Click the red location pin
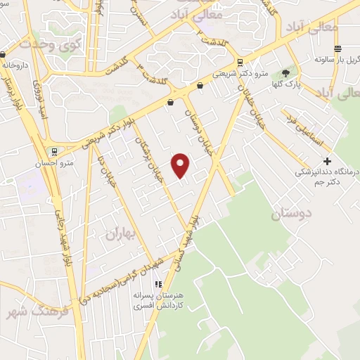coord(181,165)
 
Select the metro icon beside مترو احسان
coord(53,151)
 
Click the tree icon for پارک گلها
coord(285,73)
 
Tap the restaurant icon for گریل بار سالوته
coord(338,49)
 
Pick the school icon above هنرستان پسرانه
coord(158,284)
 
